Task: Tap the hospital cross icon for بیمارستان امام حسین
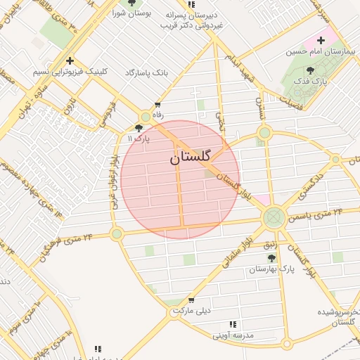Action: (321, 41)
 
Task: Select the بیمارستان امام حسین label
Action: (316, 52)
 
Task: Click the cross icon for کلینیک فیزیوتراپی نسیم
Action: (70, 61)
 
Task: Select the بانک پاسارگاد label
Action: (148, 72)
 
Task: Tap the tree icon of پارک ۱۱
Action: (139, 128)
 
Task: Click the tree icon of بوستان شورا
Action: (131, 3)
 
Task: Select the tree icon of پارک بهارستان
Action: (271, 258)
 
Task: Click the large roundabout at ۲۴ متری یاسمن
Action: (274, 217)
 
